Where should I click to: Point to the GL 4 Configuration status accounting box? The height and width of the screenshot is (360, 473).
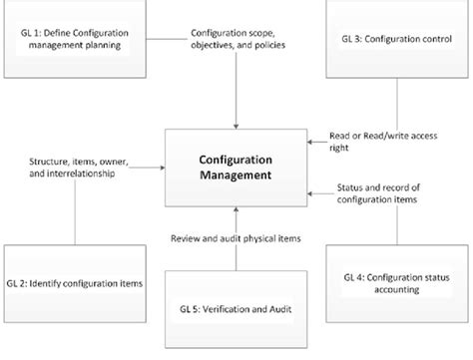395,284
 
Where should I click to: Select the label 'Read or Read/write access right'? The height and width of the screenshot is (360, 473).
381,140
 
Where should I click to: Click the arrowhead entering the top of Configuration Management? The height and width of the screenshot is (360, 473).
236,125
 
